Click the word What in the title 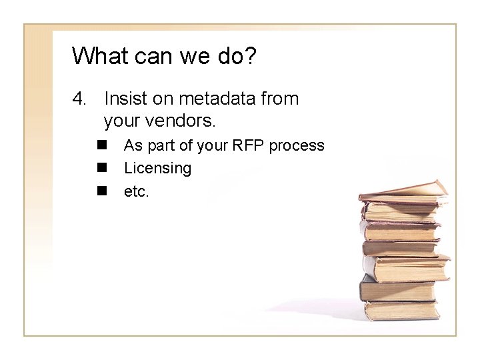[x=98, y=56]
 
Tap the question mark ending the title [x=249, y=56]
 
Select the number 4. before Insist [x=81, y=100]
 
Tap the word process [x=297, y=146]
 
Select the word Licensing [x=157, y=169]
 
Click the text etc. [x=137, y=192]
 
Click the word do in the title [x=226, y=56]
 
